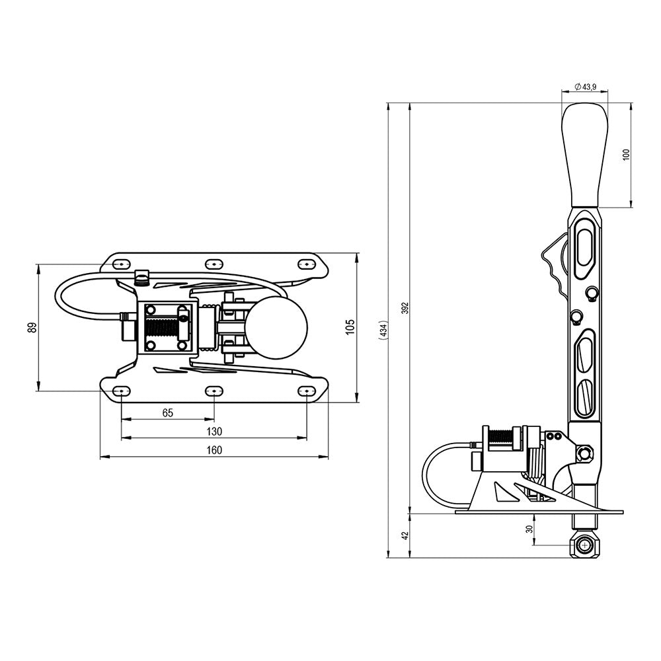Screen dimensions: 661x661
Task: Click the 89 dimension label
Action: pyautogui.click(x=32, y=327)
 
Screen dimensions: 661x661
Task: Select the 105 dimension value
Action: pyautogui.click(x=350, y=327)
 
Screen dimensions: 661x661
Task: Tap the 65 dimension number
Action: pyautogui.click(x=167, y=413)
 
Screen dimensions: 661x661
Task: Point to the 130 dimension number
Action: pyautogui.click(x=214, y=432)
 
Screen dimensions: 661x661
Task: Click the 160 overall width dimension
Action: pyautogui.click(x=214, y=450)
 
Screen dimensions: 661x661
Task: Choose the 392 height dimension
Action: pyautogui.click(x=405, y=307)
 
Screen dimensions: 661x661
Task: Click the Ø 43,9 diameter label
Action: pyautogui.click(x=585, y=87)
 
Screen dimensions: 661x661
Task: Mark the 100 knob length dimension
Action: pyautogui.click(x=626, y=155)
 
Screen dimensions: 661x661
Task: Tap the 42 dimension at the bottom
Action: pyautogui.click(x=405, y=535)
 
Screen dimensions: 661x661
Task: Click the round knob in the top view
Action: pyautogui.click(x=277, y=327)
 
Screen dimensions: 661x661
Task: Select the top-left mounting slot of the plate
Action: pyautogui.click(x=120, y=264)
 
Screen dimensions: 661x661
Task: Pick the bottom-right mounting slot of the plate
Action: pyautogui.click(x=306, y=391)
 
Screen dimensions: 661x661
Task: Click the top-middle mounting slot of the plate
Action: pyautogui.click(x=213, y=263)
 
